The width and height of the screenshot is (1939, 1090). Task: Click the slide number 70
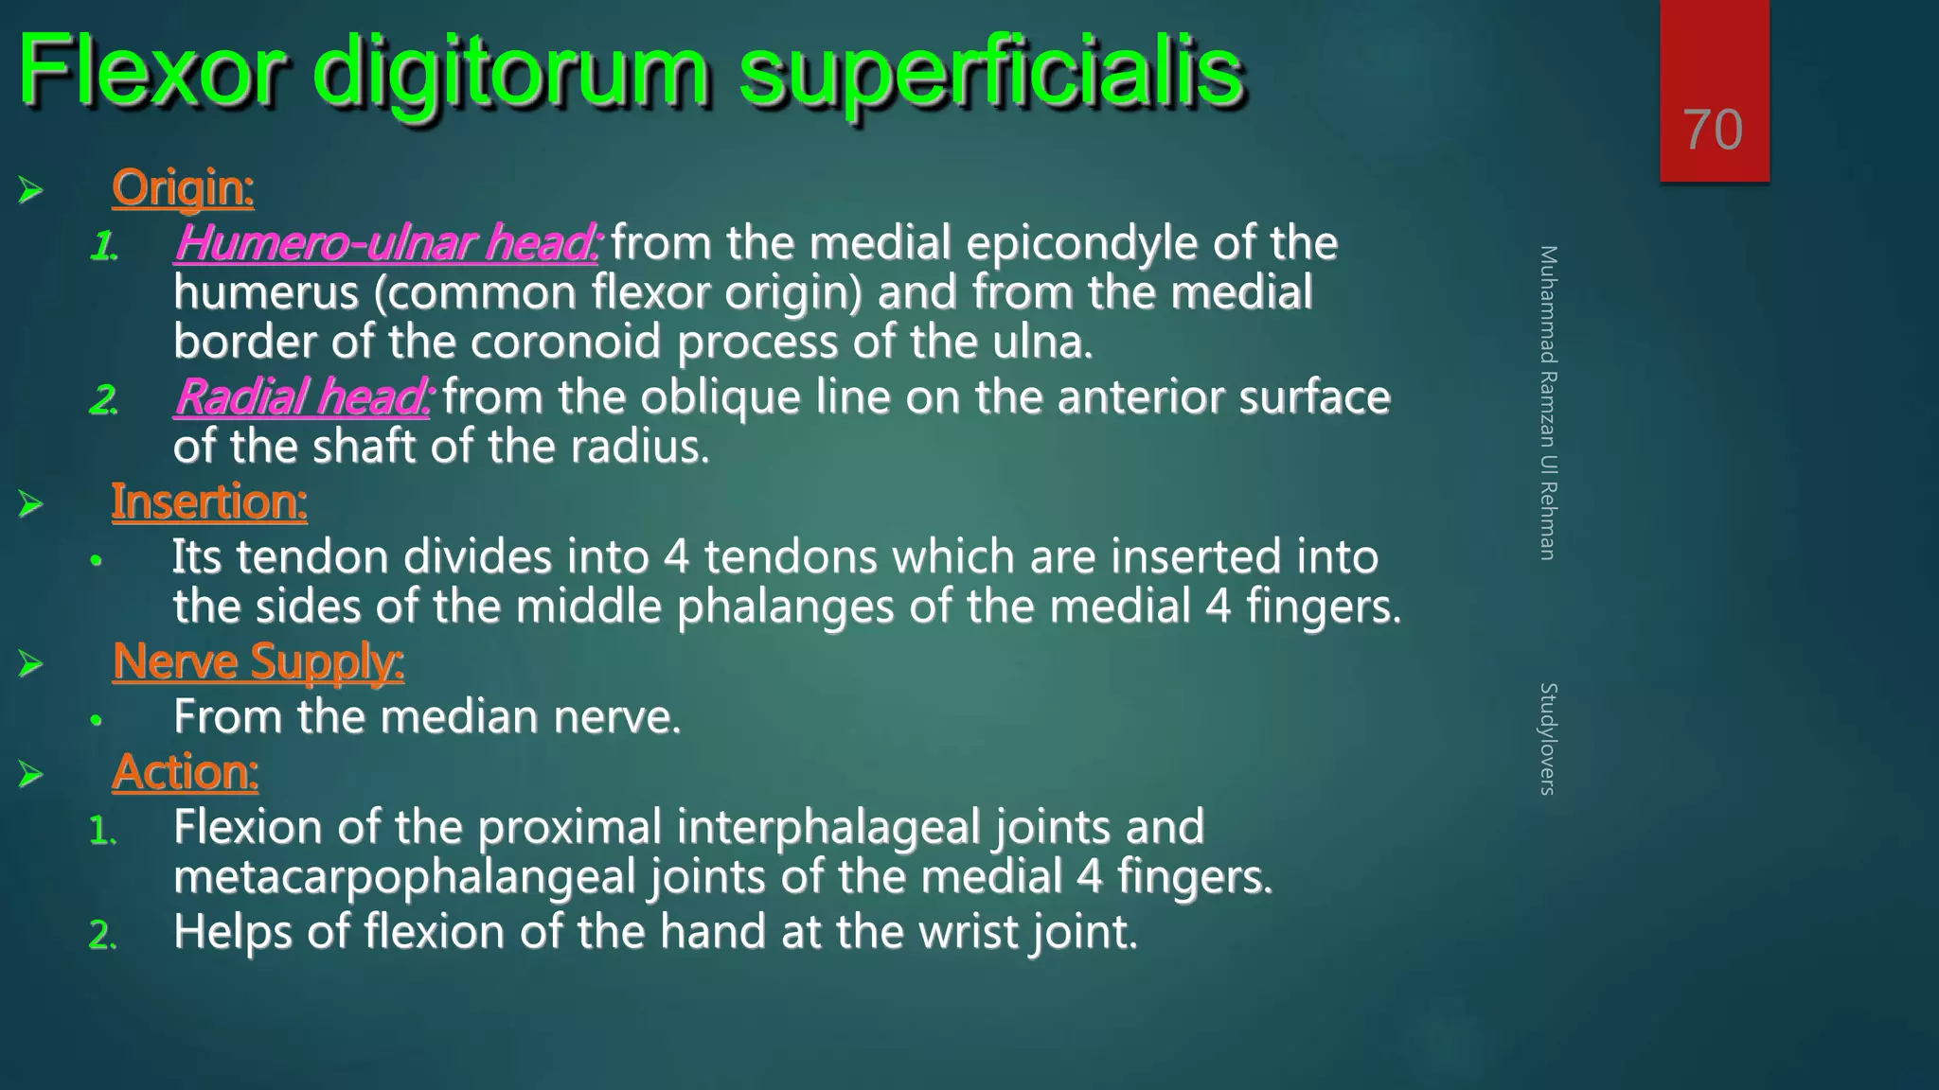(x=1713, y=130)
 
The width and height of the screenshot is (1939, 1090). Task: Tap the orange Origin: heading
(x=183, y=187)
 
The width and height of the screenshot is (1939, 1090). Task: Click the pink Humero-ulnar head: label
(x=386, y=243)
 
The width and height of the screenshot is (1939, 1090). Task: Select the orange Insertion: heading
(x=209, y=501)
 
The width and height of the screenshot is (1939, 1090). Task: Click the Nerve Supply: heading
(x=258, y=661)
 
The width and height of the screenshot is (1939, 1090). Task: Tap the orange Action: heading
(x=185, y=772)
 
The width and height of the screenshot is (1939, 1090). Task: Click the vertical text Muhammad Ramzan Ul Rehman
(x=1547, y=402)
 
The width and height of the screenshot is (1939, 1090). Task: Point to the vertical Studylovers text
(x=1547, y=738)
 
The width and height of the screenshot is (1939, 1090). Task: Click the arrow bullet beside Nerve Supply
(x=31, y=664)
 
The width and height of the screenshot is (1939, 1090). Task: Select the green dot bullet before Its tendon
(x=96, y=561)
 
